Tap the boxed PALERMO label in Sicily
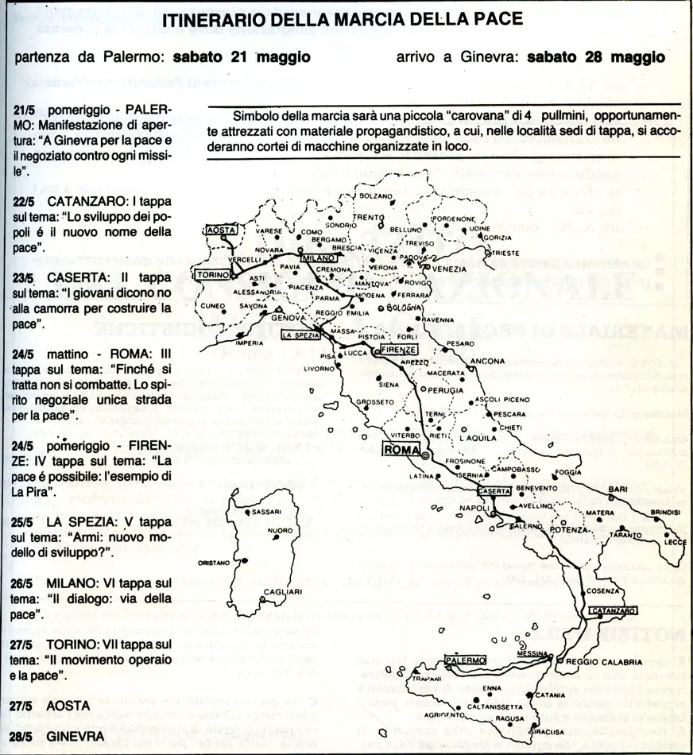click(x=466, y=660)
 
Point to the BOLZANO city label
click(x=376, y=196)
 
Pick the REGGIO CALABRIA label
click(x=604, y=661)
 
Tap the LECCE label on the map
click(x=676, y=541)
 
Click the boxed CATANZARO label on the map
click(x=613, y=610)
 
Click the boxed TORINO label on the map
click(x=214, y=274)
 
